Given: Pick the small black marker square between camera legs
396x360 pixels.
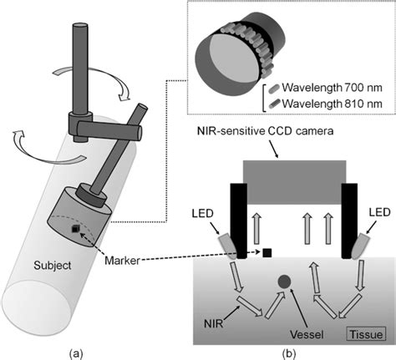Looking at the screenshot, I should click(x=267, y=252).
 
